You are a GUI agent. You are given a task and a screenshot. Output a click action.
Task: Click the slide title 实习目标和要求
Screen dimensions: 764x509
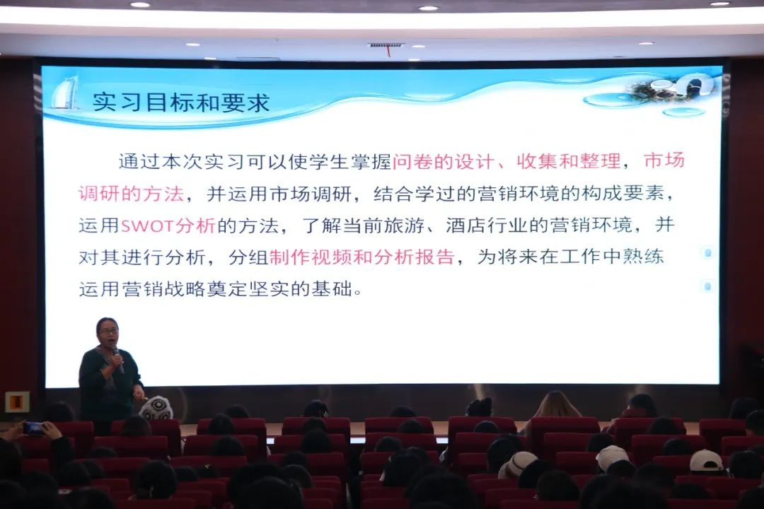click(x=181, y=103)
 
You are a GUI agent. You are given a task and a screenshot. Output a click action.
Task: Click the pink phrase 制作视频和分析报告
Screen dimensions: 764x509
click(x=362, y=257)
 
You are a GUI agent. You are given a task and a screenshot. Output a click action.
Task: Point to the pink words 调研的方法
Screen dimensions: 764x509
click(x=131, y=194)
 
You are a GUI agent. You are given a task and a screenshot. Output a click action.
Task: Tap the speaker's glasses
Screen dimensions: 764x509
click(x=109, y=331)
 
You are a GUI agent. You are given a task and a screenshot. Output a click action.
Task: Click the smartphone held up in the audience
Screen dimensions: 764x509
click(x=34, y=428)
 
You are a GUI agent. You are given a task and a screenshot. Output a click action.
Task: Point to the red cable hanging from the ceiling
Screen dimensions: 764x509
click(x=388, y=51)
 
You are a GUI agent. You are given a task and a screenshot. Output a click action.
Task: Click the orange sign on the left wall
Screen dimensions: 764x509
click(x=17, y=402)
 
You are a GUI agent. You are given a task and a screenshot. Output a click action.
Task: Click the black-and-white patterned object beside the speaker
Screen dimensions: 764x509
click(x=156, y=408)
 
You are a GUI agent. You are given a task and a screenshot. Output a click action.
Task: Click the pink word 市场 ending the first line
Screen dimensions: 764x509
click(x=664, y=160)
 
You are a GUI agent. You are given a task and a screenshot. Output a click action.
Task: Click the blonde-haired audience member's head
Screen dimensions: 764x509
click(x=558, y=404)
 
